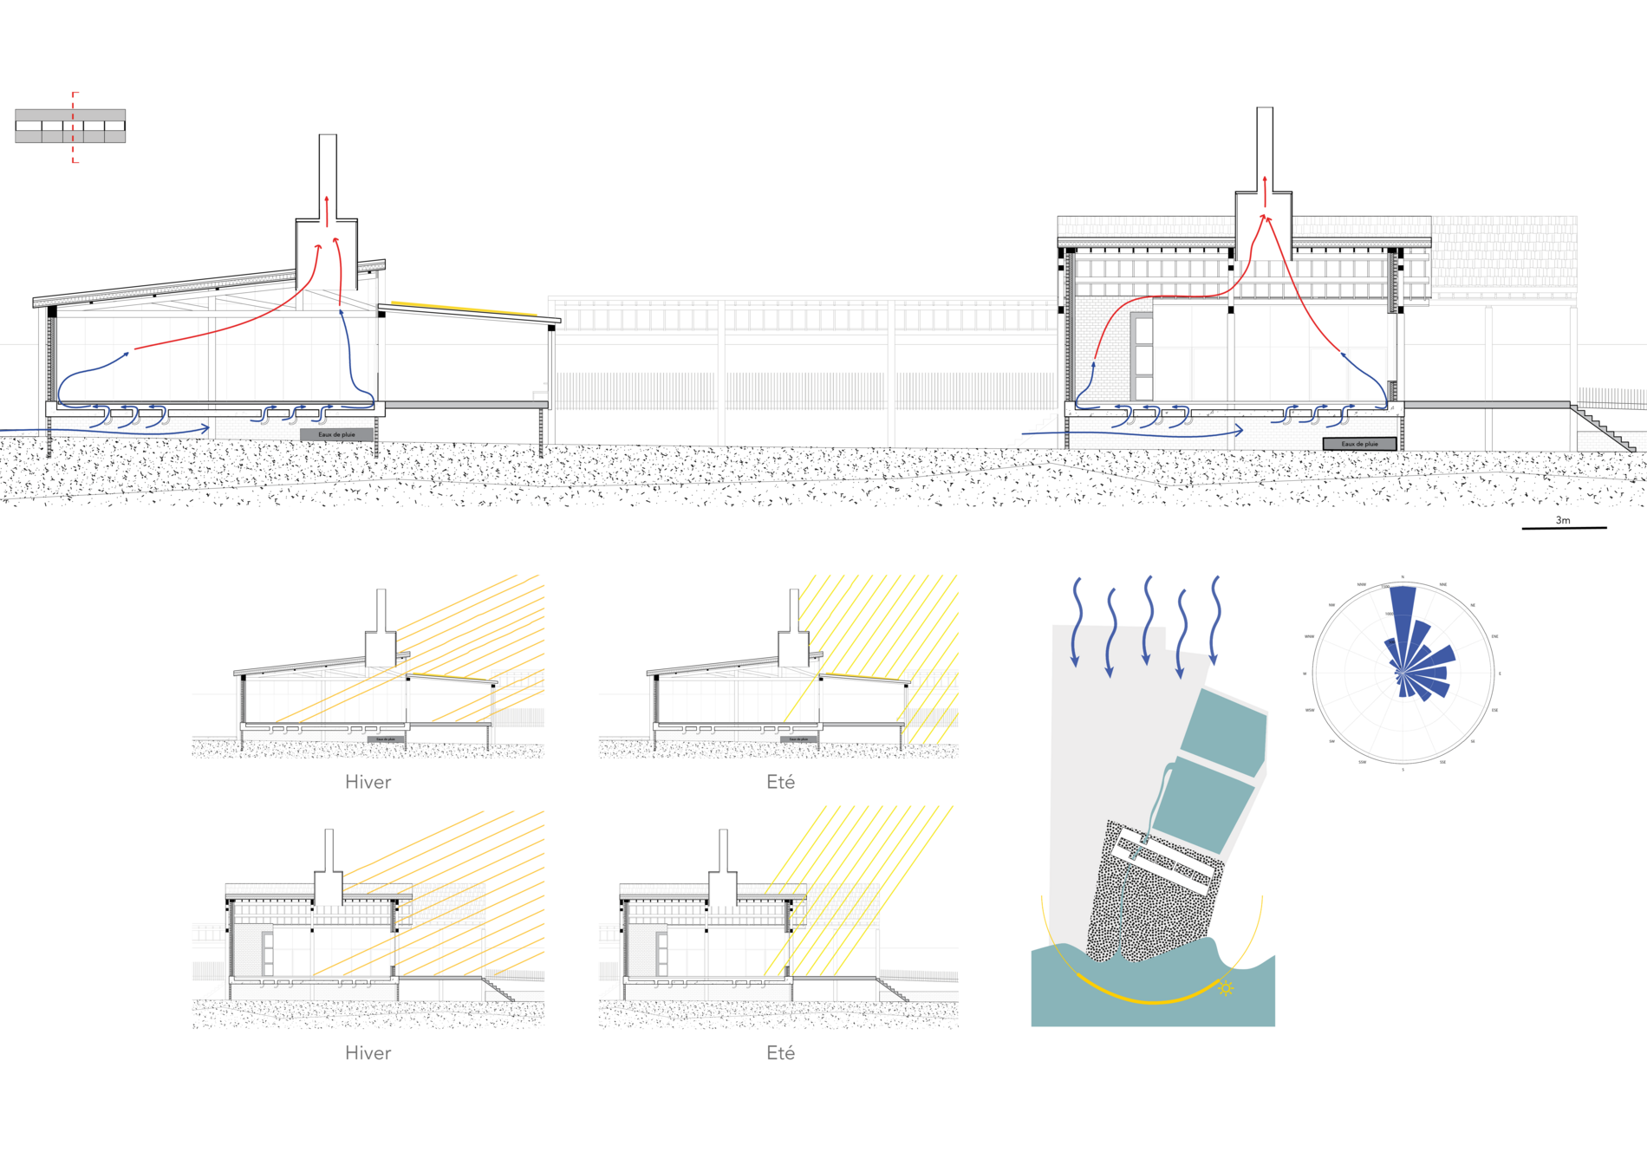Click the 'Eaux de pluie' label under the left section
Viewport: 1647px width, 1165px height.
click(x=336, y=434)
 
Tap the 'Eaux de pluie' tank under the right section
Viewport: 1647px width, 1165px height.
click(x=1359, y=444)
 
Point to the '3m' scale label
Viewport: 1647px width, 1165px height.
click(x=1562, y=520)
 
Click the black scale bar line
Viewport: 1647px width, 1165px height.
click(x=1564, y=528)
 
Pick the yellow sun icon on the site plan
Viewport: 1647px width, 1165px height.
click(x=1226, y=987)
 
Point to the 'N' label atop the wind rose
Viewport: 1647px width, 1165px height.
click(x=1403, y=577)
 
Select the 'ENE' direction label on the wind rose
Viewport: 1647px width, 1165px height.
click(x=1494, y=636)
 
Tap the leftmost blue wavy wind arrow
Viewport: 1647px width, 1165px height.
click(x=1076, y=621)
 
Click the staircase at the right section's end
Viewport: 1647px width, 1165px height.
click(x=1604, y=429)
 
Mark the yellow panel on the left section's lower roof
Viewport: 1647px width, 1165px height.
click(x=464, y=308)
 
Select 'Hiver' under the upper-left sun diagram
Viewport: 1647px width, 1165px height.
click(x=368, y=782)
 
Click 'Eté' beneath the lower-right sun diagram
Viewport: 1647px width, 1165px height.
click(x=780, y=1052)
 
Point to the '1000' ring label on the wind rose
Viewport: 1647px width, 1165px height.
click(x=1389, y=615)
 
